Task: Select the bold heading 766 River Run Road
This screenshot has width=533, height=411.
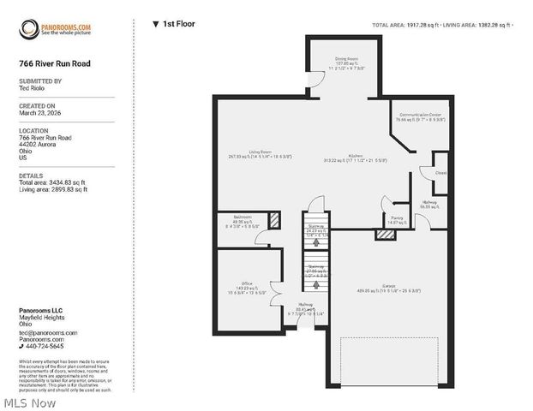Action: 54,63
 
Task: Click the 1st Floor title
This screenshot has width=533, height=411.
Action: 179,24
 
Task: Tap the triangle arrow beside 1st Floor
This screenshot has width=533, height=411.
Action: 155,24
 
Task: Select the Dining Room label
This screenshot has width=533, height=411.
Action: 346,58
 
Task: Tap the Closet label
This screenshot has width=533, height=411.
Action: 440,172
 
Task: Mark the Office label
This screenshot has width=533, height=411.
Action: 245,283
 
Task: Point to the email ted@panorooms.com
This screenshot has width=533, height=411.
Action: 48,332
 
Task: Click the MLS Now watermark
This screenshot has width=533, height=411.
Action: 30,402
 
